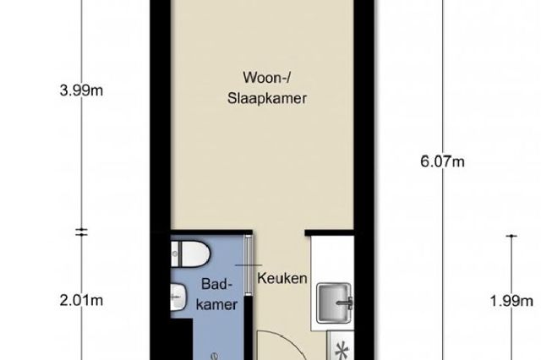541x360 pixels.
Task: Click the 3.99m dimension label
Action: coord(81,90)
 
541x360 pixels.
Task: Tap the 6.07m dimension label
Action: coord(442,161)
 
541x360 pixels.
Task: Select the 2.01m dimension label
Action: coord(81,300)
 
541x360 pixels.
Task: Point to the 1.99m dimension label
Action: coord(511,301)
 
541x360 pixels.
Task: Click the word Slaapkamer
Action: coord(267,99)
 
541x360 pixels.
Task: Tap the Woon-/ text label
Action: coord(267,77)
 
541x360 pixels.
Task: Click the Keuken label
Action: coord(282,278)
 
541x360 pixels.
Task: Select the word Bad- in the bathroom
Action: coord(216,284)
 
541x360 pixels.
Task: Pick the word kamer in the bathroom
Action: coord(216,304)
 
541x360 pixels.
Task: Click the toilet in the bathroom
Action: coord(190,254)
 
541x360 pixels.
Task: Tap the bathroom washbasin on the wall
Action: coord(178,297)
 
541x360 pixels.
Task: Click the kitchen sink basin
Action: coord(334,303)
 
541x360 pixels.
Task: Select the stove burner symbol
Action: coord(342,351)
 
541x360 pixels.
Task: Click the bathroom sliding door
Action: coord(248,265)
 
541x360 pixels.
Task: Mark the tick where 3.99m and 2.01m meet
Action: coord(81,232)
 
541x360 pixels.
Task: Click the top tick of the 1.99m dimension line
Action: coord(511,236)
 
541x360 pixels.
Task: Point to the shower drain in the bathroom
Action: coord(216,356)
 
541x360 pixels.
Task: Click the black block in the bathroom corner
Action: coord(182,340)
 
